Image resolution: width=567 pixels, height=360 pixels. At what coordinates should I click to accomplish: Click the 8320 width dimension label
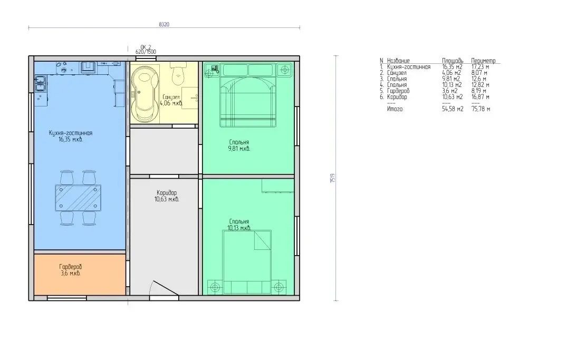(x=164, y=24)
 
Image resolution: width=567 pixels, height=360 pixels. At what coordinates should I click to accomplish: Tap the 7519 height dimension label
(x=333, y=178)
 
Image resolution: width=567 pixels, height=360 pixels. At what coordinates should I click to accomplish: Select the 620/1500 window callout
(x=146, y=52)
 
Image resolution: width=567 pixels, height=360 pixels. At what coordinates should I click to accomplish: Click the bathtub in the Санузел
(x=145, y=93)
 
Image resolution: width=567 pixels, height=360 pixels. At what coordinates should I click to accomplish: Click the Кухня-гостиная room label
(x=71, y=133)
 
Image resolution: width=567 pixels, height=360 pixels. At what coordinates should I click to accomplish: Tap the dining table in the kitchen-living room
(x=78, y=198)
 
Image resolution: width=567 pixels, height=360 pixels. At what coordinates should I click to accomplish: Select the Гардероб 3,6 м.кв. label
(x=71, y=270)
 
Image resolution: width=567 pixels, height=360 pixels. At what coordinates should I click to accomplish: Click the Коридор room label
(x=167, y=193)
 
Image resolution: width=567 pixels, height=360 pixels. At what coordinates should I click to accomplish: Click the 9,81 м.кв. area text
(x=239, y=149)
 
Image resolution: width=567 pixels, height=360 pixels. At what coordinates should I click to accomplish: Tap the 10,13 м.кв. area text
(x=239, y=228)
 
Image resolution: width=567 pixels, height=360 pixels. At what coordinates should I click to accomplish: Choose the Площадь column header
(x=453, y=61)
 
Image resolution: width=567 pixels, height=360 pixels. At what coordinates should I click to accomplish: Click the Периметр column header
(x=483, y=61)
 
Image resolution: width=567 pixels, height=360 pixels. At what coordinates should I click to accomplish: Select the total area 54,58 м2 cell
(x=453, y=109)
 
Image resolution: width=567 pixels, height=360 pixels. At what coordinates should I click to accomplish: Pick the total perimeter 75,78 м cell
(x=480, y=109)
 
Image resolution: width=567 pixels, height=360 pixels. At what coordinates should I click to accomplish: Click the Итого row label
(x=395, y=109)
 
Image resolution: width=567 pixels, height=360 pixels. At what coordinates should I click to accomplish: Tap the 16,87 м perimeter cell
(x=480, y=97)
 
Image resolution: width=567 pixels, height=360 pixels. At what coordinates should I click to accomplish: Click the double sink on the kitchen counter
(x=41, y=83)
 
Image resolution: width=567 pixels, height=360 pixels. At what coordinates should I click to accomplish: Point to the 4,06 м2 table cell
(x=451, y=73)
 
